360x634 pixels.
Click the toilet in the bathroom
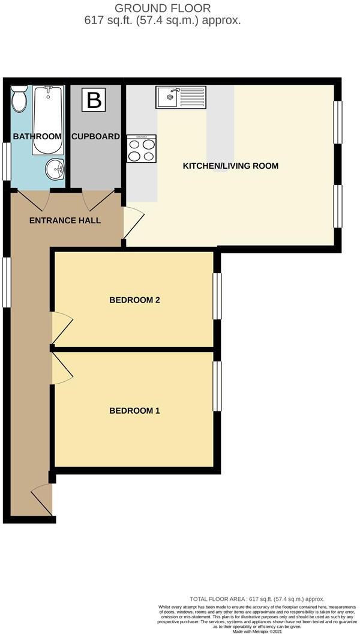(x=19, y=98)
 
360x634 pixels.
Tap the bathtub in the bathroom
(x=47, y=120)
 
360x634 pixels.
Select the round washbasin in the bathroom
(x=55, y=169)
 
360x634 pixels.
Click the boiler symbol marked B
(x=94, y=100)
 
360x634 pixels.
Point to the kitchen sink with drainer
(x=181, y=97)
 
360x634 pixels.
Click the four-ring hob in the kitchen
(x=142, y=149)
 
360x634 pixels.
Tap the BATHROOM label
(x=37, y=136)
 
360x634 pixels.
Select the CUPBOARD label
(x=95, y=136)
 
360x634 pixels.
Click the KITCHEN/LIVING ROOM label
(x=230, y=166)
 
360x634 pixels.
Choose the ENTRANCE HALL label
(x=65, y=220)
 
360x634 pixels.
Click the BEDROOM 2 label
(x=134, y=300)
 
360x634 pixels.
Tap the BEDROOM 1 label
(x=134, y=411)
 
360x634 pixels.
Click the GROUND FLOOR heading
(x=163, y=8)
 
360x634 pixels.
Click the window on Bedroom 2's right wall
(x=217, y=296)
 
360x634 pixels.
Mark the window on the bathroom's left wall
(x=6, y=160)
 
